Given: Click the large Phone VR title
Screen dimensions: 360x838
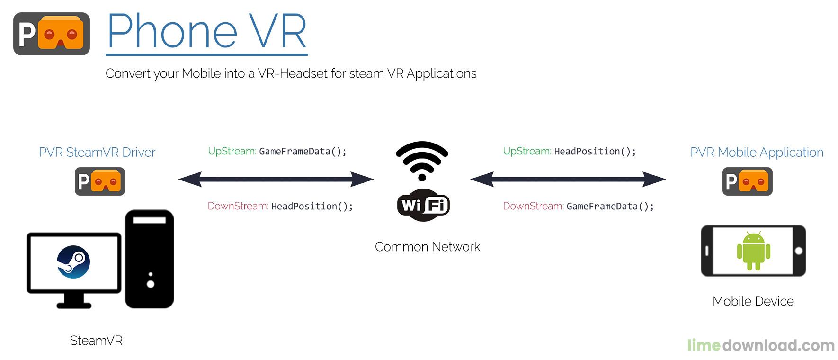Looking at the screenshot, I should coord(207,31).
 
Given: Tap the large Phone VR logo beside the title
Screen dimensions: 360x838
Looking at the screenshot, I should coord(52,34).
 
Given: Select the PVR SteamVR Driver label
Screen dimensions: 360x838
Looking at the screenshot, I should coord(97,153).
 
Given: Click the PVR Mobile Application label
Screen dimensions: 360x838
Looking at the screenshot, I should coord(757,153).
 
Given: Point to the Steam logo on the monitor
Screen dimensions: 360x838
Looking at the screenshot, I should coord(73,262).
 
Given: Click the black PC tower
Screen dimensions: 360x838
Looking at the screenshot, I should coord(149,259).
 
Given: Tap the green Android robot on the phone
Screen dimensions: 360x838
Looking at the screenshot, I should coord(753,251).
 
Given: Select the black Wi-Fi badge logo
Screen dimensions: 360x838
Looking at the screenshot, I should coord(423,206).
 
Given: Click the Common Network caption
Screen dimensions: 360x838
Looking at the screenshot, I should coord(427,247).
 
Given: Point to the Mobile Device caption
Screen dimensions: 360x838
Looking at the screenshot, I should coord(753,301).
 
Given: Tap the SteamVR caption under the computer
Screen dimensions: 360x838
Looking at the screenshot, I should coord(96,341).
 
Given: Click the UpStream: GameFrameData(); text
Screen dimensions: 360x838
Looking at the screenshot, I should coord(277,152).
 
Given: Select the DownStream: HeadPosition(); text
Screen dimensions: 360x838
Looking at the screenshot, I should coord(280,207).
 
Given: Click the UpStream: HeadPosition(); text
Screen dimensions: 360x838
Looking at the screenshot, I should coord(569,152).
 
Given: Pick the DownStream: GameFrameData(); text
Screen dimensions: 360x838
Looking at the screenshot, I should coord(578,207).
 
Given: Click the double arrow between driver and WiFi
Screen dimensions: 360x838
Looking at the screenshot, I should coord(276,179).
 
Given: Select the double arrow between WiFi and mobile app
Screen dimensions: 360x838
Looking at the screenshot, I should coord(568,179).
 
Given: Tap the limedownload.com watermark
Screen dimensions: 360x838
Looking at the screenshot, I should coord(760,345).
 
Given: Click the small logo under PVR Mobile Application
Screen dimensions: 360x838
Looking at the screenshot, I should coord(747,181).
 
